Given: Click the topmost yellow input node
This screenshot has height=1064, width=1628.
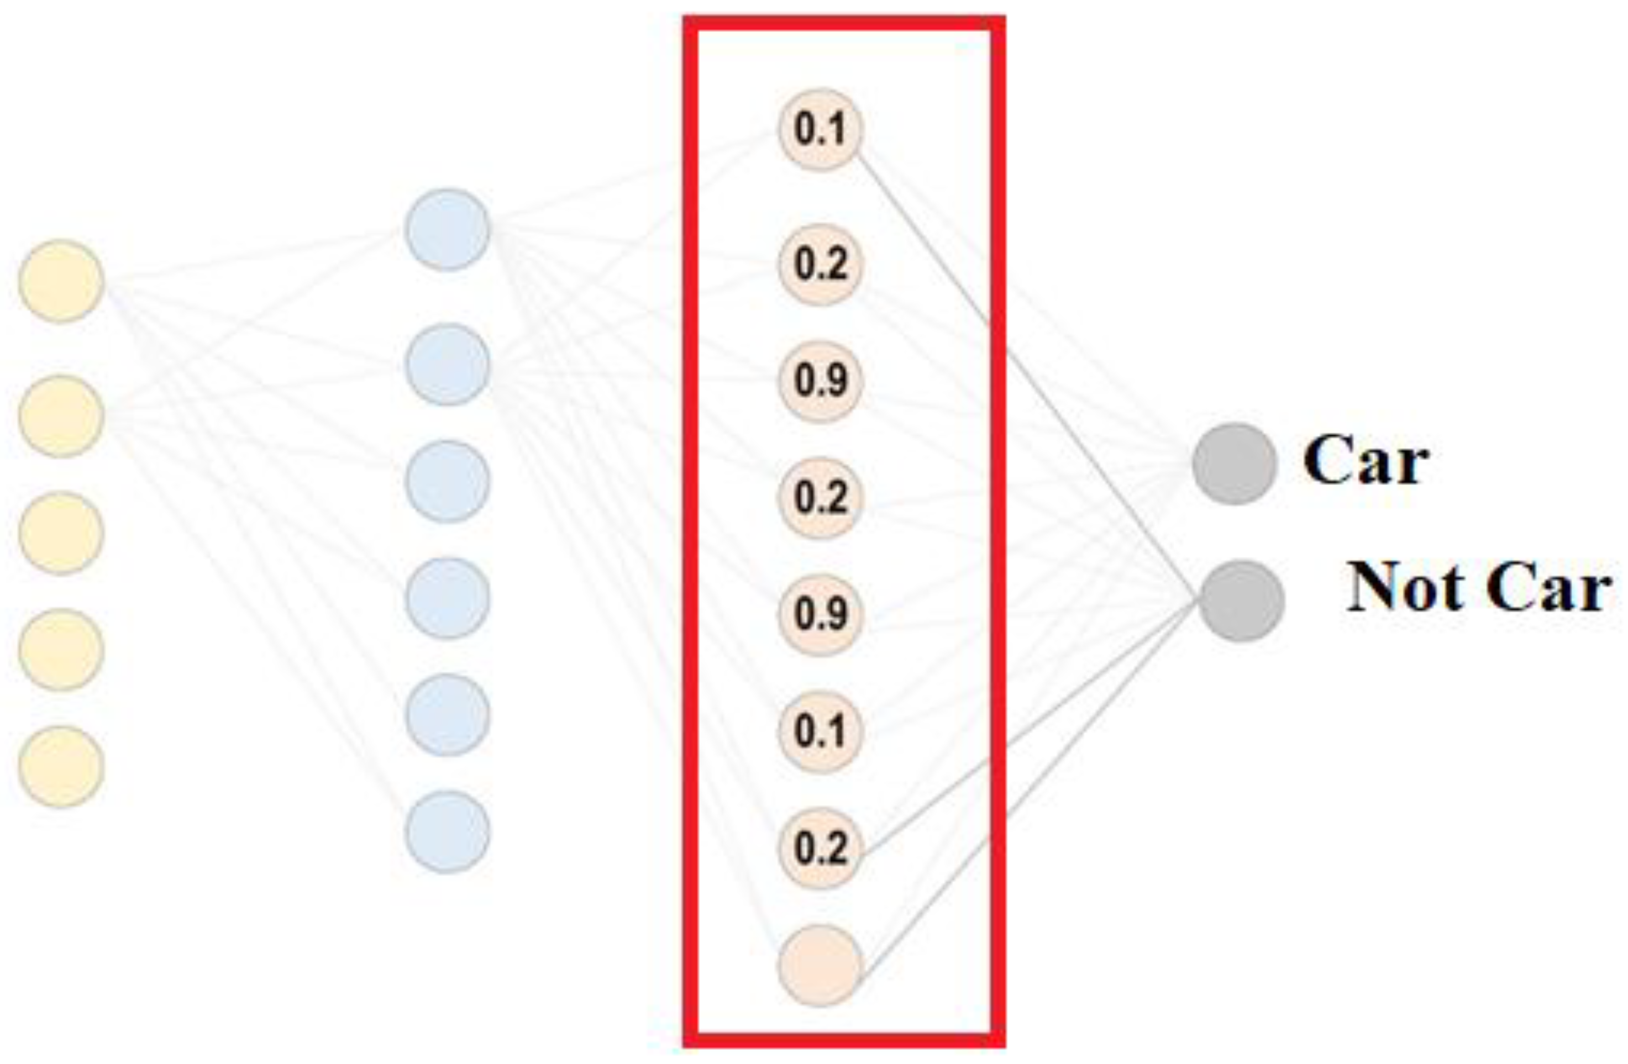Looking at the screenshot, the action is [x=61, y=281].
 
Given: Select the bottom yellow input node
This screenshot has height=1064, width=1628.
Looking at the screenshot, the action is [x=61, y=767].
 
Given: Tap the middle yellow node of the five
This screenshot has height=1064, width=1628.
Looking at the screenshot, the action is [x=61, y=533].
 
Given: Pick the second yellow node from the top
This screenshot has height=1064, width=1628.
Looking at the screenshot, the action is [x=61, y=416].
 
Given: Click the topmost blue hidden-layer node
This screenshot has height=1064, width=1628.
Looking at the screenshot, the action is [x=448, y=229].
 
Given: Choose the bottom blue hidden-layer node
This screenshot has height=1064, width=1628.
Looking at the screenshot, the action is [x=448, y=831].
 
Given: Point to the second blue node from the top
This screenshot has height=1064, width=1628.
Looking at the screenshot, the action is [x=448, y=365].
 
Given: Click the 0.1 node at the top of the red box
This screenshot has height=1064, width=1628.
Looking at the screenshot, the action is [x=820, y=129].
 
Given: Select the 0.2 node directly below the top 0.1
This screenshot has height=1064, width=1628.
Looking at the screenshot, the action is [x=820, y=264].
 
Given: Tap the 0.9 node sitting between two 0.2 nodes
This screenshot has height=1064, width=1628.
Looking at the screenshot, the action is [x=820, y=381].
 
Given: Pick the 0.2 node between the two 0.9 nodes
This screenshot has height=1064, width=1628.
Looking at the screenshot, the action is [x=820, y=497].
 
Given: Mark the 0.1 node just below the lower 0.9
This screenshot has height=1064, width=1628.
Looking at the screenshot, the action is [x=820, y=731].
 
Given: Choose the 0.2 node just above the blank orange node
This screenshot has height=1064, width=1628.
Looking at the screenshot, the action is [x=820, y=849].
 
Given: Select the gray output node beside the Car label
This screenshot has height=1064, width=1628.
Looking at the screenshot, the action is [x=1235, y=463].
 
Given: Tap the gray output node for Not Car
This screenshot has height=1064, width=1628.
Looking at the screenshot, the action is [x=1241, y=601].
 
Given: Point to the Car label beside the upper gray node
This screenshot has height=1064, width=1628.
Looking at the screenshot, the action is [x=1366, y=461].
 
